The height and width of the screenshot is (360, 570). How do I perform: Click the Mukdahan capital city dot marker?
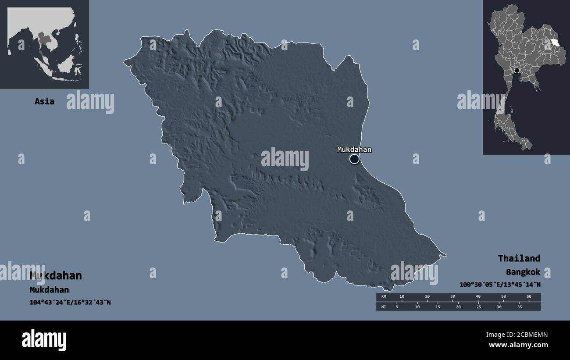click(x=354, y=159)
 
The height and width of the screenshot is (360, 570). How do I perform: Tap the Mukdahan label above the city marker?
click(x=354, y=150)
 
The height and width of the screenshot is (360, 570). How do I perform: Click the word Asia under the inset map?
click(x=45, y=101)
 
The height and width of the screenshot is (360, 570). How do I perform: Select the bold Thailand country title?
click(x=519, y=258)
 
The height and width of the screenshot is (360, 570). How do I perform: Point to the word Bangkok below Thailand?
click(x=523, y=272)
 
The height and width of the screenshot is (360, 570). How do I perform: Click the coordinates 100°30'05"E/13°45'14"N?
click(x=500, y=285)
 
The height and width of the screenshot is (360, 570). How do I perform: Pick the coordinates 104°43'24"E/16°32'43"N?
click(x=70, y=302)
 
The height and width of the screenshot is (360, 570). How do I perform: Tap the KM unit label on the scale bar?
click(x=384, y=297)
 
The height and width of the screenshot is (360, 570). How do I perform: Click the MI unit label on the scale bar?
click(x=384, y=307)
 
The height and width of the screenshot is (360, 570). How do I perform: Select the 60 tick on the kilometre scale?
click(x=528, y=297)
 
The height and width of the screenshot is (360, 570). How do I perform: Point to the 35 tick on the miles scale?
click(x=519, y=307)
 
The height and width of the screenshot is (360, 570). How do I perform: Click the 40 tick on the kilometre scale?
click(x=478, y=297)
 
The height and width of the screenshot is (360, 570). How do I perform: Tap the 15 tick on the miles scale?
click(x=438, y=307)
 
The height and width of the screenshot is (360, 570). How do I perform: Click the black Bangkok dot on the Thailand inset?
click(x=517, y=70)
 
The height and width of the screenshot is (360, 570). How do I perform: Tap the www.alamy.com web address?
click(x=518, y=345)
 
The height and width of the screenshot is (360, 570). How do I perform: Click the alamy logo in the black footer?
click(x=44, y=340)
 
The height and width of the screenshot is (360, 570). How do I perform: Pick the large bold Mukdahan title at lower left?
click(x=56, y=276)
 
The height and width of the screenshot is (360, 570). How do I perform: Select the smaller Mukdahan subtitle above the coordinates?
click(x=49, y=290)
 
